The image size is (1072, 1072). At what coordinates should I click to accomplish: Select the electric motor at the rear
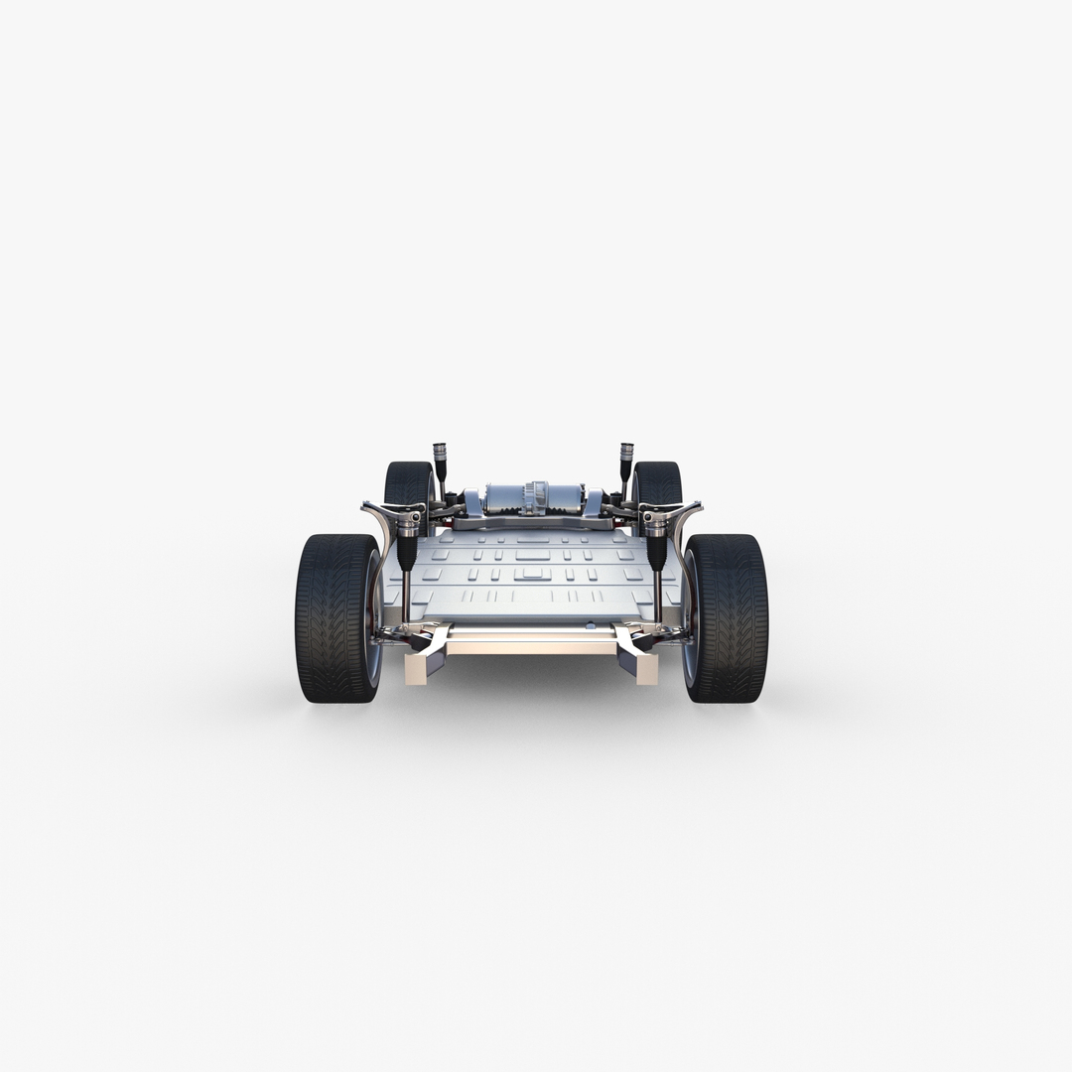click(x=533, y=497)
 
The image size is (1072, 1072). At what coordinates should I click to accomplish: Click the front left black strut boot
click(x=408, y=551)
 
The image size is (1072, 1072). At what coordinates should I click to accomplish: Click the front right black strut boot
click(x=656, y=551)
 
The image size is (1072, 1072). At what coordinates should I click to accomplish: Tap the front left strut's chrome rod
click(x=407, y=596)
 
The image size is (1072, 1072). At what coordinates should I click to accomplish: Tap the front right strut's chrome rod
click(x=657, y=596)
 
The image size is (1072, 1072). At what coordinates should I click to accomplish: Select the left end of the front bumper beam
click(x=416, y=669)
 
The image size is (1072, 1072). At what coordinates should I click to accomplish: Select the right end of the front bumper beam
click(x=646, y=669)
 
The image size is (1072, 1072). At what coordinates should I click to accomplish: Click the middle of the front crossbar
click(x=532, y=645)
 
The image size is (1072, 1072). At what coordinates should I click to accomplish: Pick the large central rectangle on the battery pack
click(x=532, y=574)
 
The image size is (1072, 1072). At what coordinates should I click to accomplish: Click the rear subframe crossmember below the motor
click(x=533, y=520)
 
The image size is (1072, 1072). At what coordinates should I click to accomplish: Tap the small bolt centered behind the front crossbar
click(x=590, y=625)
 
